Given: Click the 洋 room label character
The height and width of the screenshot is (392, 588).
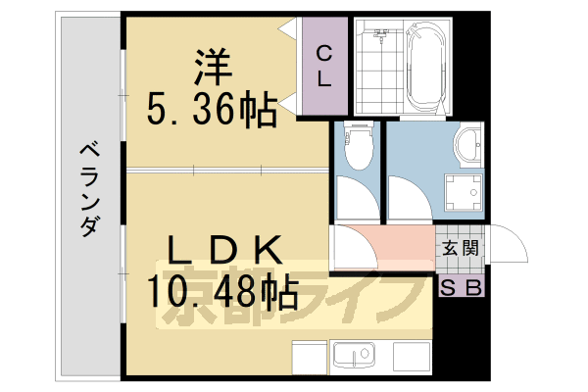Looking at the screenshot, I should [211, 67].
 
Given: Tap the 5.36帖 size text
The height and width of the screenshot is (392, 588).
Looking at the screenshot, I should [211, 108].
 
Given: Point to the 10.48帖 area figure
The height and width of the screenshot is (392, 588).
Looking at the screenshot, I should [222, 291].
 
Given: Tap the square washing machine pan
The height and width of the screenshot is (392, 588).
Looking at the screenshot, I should [464, 194].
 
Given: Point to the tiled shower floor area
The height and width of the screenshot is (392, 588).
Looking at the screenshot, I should [373, 73].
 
